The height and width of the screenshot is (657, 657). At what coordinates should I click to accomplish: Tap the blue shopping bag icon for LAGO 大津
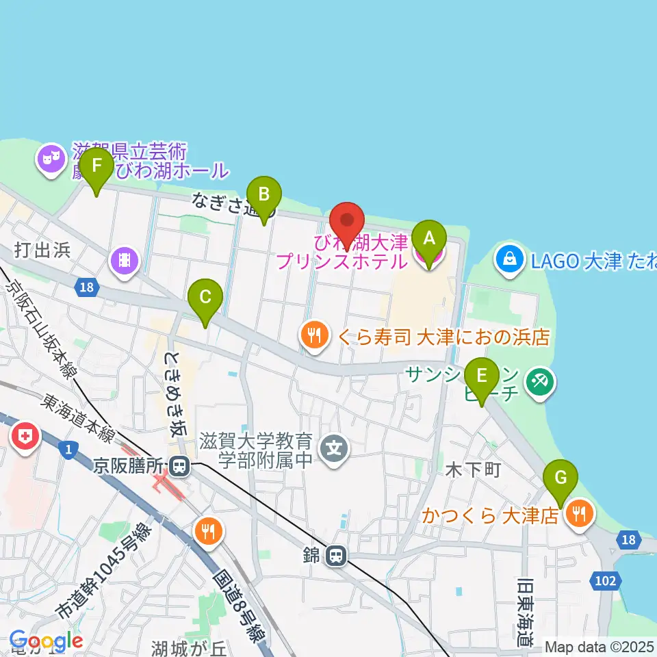tap(511, 259)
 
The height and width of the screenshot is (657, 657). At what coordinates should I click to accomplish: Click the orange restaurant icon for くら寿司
tap(313, 335)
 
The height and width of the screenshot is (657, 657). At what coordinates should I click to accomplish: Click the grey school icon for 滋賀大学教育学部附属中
tap(335, 449)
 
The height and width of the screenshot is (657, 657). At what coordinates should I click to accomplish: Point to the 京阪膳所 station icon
tap(180, 467)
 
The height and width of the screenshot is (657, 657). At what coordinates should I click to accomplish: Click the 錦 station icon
tap(335, 556)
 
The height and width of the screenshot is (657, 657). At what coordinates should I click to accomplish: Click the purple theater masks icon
tap(51, 160)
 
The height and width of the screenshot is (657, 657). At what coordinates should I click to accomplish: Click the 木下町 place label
tap(474, 471)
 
